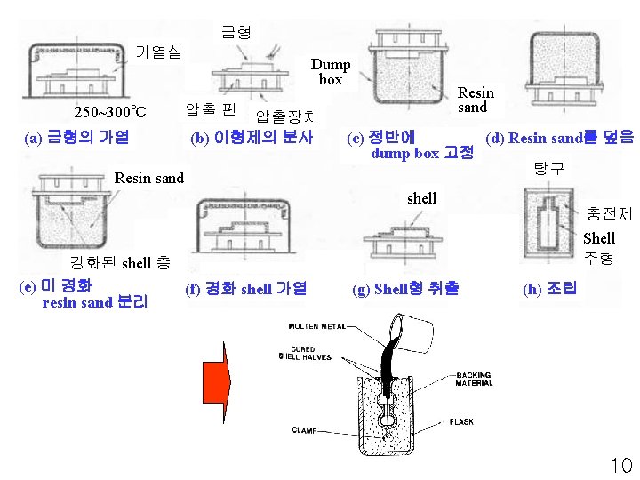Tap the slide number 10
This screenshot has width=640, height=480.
click(620, 464)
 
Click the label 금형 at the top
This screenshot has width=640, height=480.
click(236, 32)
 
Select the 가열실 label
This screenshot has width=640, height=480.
click(157, 52)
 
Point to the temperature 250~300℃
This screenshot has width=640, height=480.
click(109, 113)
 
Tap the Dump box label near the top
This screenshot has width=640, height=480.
click(330, 71)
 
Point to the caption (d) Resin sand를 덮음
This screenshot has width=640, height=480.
click(559, 137)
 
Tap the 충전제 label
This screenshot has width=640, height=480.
click(609, 213)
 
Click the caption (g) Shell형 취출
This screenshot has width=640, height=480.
click(405, 288)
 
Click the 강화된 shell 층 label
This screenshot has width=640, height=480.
click(120, 262)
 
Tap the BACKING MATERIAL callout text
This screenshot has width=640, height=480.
click(474, 380)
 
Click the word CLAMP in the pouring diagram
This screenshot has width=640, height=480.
click(306, 430)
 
